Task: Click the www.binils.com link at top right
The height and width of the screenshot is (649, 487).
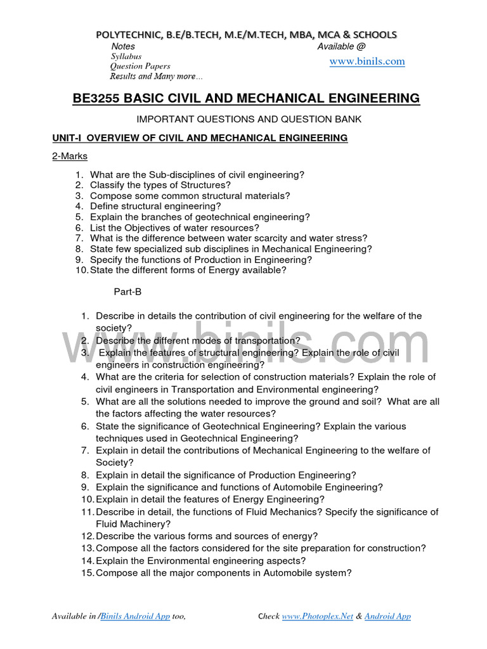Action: [367, 61]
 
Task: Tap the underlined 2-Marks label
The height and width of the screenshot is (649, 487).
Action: [70, 156]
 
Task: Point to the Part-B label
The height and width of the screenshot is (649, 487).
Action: [127, 292]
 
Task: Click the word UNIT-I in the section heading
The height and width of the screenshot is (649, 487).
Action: [67, 138]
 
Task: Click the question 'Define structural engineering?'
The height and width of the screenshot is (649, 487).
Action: [155, 206]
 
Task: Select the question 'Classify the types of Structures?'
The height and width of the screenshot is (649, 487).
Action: [160, 185]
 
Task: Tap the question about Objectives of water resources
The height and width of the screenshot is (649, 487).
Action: [174, 228]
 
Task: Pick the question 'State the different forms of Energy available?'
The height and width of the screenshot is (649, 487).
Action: [188, 270]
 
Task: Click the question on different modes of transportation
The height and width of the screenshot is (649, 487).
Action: [198, 340]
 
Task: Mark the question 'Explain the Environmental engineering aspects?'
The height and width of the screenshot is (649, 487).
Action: [200, 561]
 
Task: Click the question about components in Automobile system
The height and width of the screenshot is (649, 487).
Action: [223, 573]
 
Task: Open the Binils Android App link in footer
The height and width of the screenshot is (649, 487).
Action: [135, 616]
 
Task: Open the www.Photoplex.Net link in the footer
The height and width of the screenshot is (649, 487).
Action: [317, 616]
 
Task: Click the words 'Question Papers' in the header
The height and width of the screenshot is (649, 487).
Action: [140, 67]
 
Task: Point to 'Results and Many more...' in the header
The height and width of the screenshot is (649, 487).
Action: [157, 77]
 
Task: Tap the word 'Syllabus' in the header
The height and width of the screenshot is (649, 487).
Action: [127, 56]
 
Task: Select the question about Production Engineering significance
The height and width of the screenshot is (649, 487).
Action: [226, 475]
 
